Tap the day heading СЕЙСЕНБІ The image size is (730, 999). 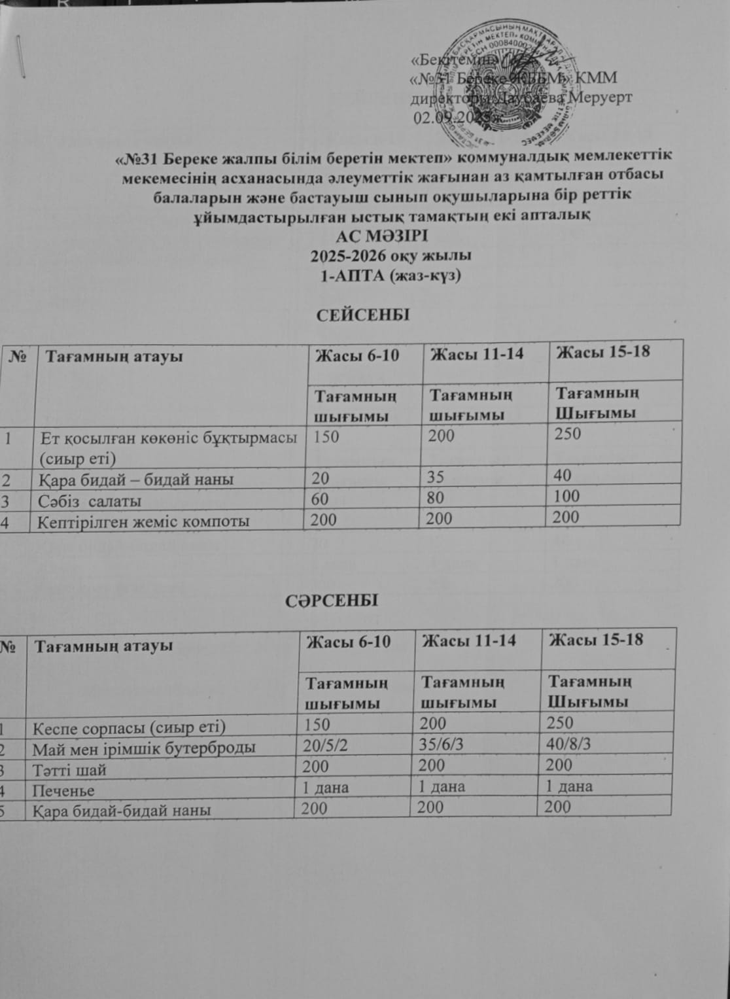[363, 315]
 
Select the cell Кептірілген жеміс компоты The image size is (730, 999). [143, 522]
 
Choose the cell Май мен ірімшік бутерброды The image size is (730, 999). [145, 748]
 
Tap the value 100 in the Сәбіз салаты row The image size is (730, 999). [566, 496]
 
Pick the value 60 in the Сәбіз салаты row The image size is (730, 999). [322, 499]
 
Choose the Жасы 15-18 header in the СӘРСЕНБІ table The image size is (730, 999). [596, 640]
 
